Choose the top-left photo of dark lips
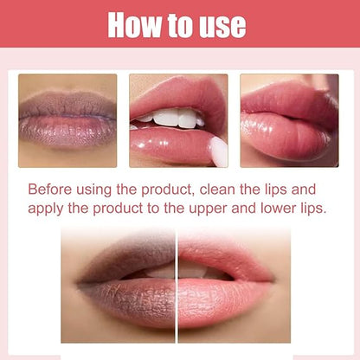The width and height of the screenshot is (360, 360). [67, 119]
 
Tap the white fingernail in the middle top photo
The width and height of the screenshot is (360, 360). [218, 151]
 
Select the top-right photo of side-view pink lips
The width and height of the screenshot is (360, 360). [288, 119]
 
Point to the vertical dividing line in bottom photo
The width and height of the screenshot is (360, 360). [177, 286]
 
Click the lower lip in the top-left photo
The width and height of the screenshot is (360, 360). [67, 133]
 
